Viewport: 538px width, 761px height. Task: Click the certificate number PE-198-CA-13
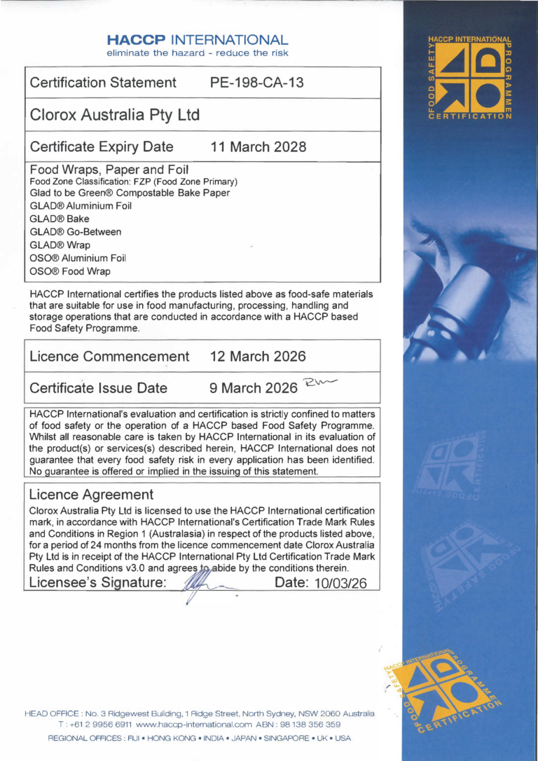257,83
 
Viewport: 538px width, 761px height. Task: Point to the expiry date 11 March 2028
258,147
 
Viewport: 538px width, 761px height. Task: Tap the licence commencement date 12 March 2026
258,356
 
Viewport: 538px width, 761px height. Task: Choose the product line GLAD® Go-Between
66,232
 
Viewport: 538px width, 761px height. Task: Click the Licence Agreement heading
91,495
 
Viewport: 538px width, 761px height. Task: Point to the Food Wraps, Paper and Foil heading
111,170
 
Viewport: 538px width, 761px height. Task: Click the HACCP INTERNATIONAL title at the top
198,40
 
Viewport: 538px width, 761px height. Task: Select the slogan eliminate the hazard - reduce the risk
198,53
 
